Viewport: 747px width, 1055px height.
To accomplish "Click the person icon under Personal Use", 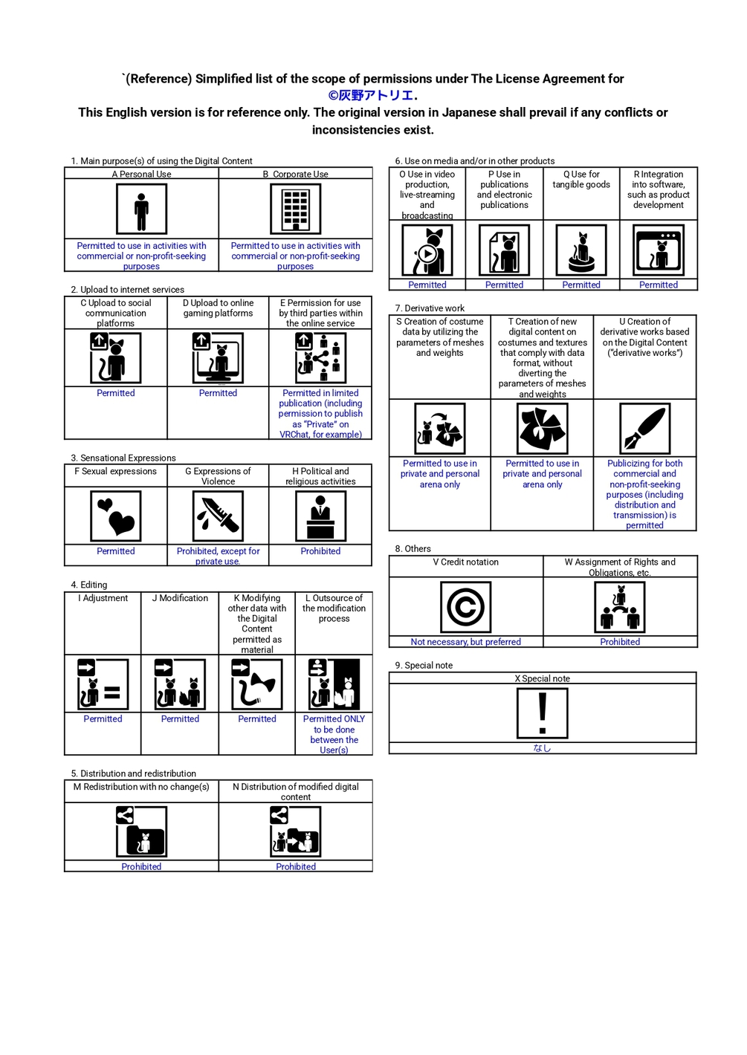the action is click(x=141, y=209).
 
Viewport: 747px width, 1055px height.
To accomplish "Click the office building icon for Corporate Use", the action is click(x=296, y=209).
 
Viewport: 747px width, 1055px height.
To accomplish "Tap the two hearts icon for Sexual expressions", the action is click(x=115, y=516).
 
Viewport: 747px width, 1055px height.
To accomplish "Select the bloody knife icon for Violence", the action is click(x=218, y=516).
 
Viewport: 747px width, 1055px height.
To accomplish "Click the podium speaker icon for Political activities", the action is click(x=320, y=516).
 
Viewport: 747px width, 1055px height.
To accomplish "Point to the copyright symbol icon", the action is click(x=465, y=606).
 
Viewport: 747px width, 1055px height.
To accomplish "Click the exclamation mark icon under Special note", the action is click(x=543, y=713).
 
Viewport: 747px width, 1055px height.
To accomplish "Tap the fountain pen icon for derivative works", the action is click(x=644, y=428).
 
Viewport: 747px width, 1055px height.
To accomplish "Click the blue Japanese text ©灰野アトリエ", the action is click(x=372, y=96).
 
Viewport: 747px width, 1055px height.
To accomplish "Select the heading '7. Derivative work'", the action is click(x=430, y=308).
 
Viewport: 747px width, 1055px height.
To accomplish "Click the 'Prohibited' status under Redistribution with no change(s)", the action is click(x=141, y=866).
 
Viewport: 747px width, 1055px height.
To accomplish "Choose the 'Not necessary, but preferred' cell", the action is click(x=465, y=641).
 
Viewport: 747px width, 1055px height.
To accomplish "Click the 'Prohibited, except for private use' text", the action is click(x=218, y=556).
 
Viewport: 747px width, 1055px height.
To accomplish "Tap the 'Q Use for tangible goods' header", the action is click(x=581, y=180).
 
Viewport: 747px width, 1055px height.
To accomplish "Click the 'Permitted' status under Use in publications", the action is click(x=504, y=285).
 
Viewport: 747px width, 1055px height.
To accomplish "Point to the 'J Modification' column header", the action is click(x=180, y=597).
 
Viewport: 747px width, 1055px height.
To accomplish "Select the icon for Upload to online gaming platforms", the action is click(x=218, y=358).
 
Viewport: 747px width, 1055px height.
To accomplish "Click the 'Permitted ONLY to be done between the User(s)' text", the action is click(x=334, y=734).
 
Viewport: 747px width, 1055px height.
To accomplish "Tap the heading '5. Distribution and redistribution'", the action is click(x=133, y=773).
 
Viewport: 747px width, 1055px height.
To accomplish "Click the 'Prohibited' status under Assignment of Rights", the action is click(x=620, y=641).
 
